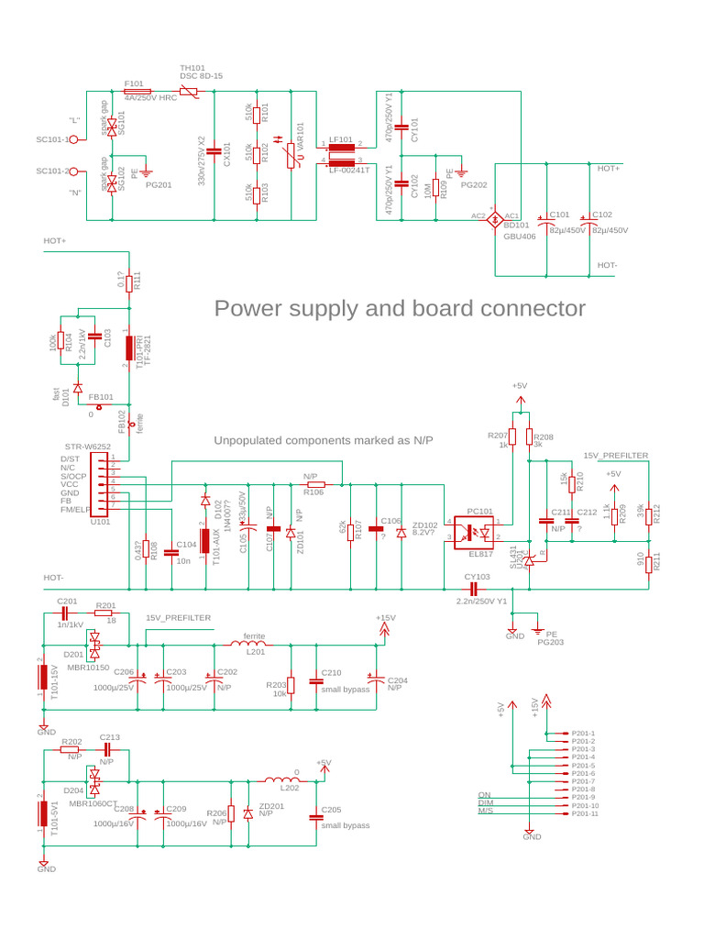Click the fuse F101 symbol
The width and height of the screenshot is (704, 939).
click(x=137, y=92)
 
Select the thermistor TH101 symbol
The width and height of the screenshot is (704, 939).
click(x=190, y=92)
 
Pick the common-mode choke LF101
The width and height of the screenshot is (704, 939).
click(x=341, y=152)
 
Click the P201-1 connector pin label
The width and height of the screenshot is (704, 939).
click(x=583, y=733)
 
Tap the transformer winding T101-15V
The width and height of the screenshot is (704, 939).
click(x=42, y=677)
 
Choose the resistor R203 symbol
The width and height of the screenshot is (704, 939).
click(x=291, y=685)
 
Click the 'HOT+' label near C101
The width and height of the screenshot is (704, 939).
click(x=608, y=169)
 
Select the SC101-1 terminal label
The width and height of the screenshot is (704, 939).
click(x=52, y=139)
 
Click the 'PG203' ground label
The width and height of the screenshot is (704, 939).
click(x=550, y=642)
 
